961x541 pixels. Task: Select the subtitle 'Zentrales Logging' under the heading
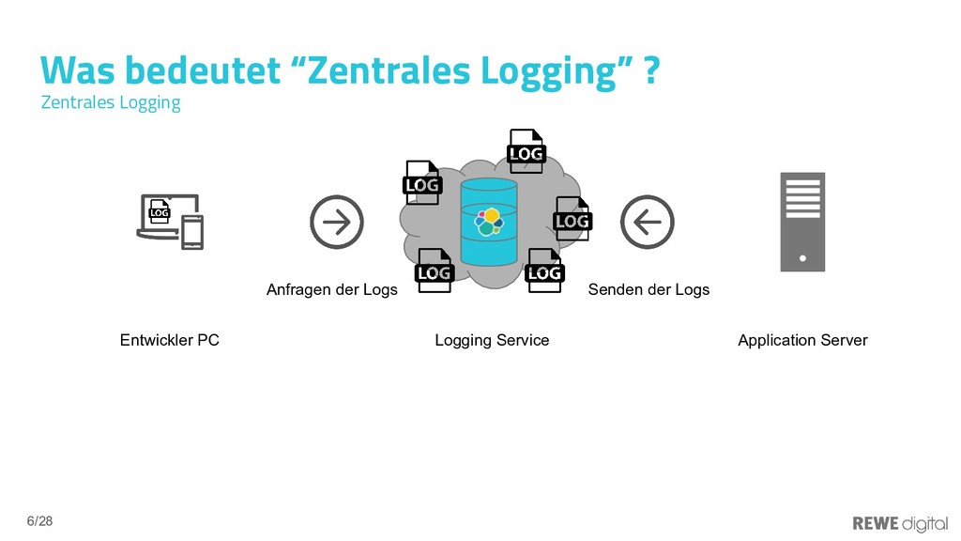click(111, 102)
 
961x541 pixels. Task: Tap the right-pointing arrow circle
click(337, 223)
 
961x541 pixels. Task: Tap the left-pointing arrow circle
click(648, 223)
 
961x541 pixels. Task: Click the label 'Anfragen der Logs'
click(332, 289)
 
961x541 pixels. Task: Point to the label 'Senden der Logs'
click(648, 289)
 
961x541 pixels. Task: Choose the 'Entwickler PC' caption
click(170, 340)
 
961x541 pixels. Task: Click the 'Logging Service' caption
click(492, 340)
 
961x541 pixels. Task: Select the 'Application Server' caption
click(802, 340)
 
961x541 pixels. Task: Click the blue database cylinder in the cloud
click(489, 223)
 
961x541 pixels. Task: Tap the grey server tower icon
click(802, 222)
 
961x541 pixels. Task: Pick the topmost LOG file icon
click(526, 151)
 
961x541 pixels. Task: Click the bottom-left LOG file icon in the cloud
click(435, 270)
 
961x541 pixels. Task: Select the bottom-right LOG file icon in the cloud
click(544, 270)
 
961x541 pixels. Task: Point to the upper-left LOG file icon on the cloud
click(422, 183)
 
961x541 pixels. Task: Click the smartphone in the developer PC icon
click(192, 233)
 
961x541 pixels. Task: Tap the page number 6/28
click(40, 520)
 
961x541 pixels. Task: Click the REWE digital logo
click(899, 522)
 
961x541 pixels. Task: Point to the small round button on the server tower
click(802, 256)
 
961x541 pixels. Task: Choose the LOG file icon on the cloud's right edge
click(572, 219)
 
